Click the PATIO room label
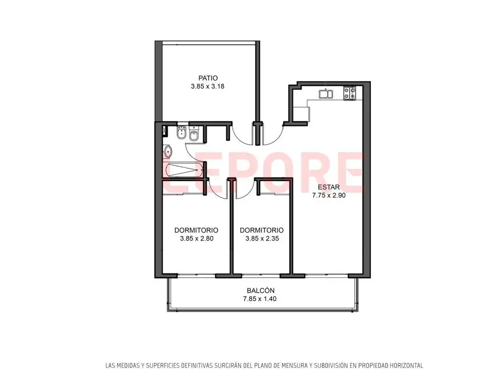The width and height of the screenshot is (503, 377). pyautogui.click(x=208, y=78)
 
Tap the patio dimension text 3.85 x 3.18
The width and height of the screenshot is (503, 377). pyautogui.click(x=208, y=86)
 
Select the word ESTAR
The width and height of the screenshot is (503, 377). pyautogui.click(x=329, y=187)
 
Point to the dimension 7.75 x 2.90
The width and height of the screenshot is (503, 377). pyautogui.click(x=329, y=195)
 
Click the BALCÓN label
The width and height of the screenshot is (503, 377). pyautogui.click(x=260, y=291)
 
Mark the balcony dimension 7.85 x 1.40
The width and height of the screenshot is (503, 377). pyautogui.click(x=260, y=299)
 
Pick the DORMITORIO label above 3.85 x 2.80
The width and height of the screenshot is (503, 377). pyautogui.click(x=196, y=230)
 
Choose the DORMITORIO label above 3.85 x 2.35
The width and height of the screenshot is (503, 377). pyautogui.click(x=262, y=230)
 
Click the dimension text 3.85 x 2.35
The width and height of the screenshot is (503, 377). pyautogui.click(x=262, y=239)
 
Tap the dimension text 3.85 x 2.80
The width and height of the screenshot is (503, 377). pyautogui.click(x=196, y=239)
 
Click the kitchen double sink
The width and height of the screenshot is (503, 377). pyautogui.click(x=326, y=94)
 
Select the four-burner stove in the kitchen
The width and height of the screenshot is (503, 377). pyautogui.click(x=350, y=93)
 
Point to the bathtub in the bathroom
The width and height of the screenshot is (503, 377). pyautogui.click(x=183, y=169)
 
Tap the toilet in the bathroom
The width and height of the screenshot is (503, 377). pyautogui.click(x=194, y=135)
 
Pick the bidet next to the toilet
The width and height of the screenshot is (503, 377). pyautogui.click(x=181, y=133)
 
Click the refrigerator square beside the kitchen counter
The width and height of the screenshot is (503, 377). pyautogui.click(x=301, y=114)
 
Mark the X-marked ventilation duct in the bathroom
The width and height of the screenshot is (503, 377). pyautogui.click(x=165, y=130)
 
